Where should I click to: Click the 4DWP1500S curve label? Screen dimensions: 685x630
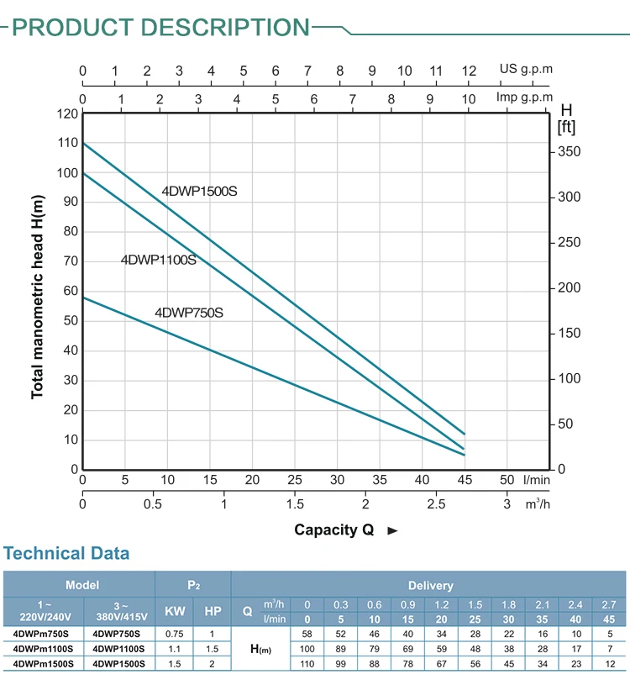(x=199, y=192)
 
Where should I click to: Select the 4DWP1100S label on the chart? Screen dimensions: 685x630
(x=158, y=260)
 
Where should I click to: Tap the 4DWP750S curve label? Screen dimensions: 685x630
(x=188, y=313)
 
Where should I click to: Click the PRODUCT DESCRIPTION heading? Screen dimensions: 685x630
(x=161, y=28)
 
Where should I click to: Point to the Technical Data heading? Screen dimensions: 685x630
(x=66, y=553)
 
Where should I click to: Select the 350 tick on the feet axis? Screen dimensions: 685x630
(x=570, y=152)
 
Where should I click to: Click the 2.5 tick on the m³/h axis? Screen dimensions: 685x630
(x=436, y=504)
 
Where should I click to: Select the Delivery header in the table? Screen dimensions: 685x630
(x=430, y=585)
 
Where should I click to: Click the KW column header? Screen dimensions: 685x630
(x=174, y=612)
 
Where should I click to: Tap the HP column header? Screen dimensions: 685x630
(x=213, y=612)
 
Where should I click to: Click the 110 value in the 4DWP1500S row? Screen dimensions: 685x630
(x=307, y=663)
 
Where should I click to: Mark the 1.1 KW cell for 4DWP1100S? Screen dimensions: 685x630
(x=174, y=648)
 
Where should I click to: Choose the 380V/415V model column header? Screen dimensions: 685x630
(x=118, y=612)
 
